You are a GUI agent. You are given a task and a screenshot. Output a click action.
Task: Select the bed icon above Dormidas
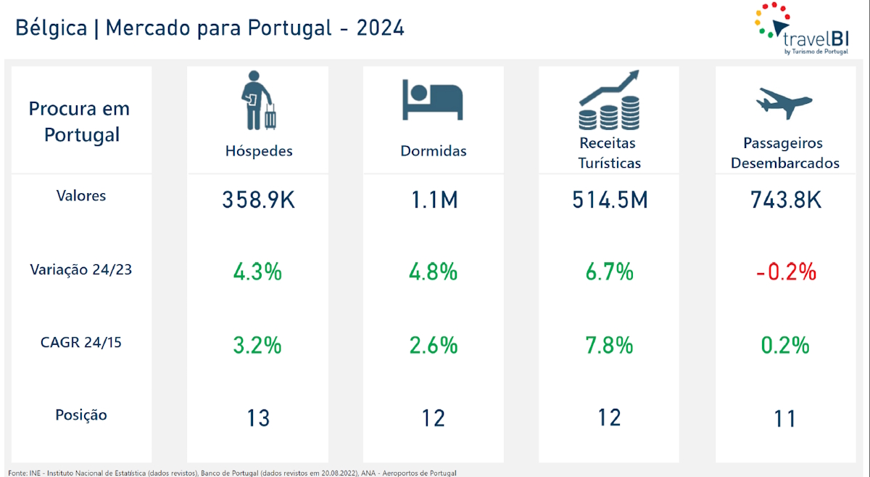[433, 100]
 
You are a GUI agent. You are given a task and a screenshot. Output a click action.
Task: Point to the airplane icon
[784, 102]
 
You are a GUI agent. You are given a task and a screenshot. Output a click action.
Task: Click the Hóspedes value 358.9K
[259, 200]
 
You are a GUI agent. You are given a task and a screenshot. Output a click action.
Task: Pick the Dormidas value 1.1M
[434, 200]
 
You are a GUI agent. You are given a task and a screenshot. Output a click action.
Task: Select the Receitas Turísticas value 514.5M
[610, 200]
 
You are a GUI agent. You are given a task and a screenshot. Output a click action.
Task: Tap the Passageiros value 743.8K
[786, 200]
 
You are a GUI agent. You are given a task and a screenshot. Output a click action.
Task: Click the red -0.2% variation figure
[786, 272]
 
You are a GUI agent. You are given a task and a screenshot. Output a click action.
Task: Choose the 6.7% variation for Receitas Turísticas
[610, 272]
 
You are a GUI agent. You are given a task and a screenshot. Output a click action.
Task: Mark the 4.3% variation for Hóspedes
[257, 272]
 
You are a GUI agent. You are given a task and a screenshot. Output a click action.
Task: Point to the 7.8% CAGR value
[610, 345]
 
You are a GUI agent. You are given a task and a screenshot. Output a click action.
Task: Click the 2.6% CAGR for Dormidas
[434, 345]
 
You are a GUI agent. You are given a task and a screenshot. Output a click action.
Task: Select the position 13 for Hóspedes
[258, 418]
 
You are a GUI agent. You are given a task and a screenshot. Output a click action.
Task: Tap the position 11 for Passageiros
[785, 418]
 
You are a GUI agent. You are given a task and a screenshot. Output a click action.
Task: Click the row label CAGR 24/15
[81, 342]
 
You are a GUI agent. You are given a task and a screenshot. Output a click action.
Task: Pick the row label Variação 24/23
[81, 269]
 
